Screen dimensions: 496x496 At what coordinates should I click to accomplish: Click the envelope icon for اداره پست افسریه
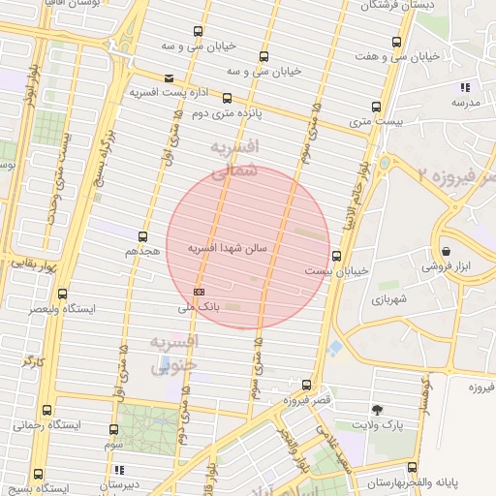[x=170, y=78]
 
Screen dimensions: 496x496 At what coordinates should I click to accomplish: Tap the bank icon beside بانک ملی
[x=200, y=292]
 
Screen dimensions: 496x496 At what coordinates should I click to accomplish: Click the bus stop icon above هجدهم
[x=143, y=235]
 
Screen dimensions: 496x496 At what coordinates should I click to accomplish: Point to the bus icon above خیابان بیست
[x=337, y=257]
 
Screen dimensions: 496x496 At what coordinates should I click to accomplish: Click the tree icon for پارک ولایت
[x=377, y=410]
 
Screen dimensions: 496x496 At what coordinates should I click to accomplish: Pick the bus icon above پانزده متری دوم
[x=228, y=98]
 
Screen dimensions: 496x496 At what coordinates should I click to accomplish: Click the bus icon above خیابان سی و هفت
[x=396, y=43]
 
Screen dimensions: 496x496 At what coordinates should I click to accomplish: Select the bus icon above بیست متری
[x=376, y=107]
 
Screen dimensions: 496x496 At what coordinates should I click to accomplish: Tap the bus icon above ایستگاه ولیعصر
[x=63, y=294]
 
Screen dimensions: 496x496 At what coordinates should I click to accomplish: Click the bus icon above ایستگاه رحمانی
[x=53, y=411]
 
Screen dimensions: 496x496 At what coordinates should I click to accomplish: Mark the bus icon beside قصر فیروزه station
[x=307, y=385]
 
